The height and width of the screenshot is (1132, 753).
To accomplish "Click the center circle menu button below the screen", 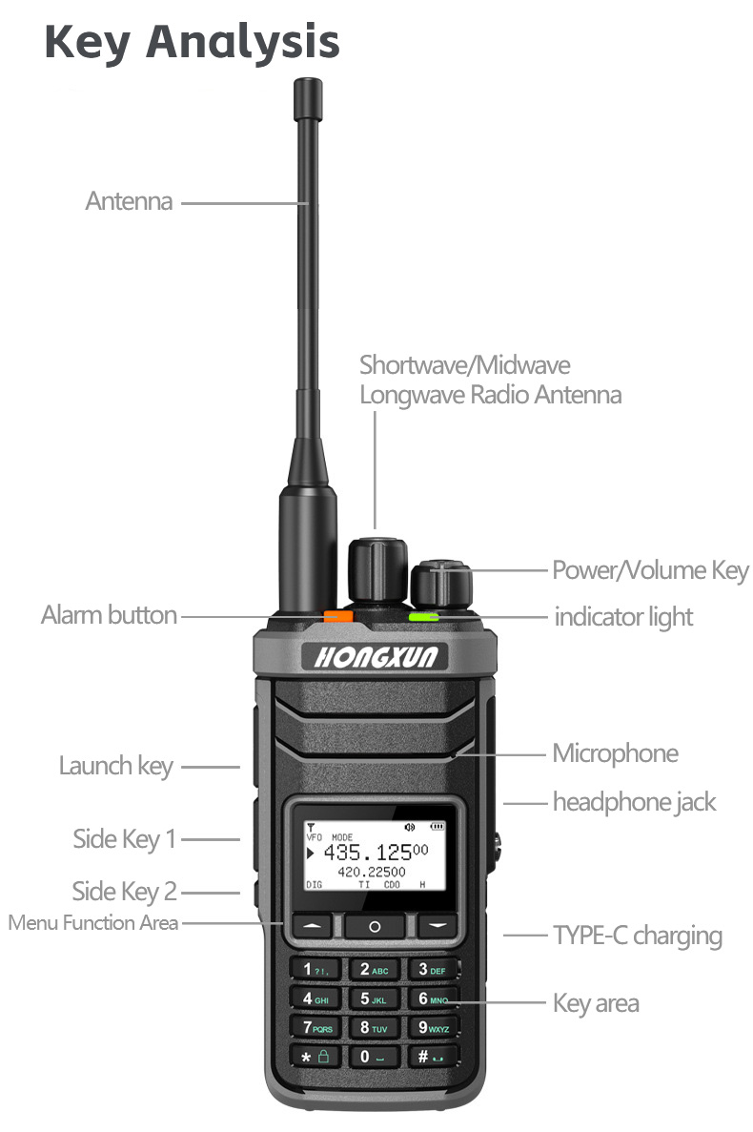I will (x=374, y=925).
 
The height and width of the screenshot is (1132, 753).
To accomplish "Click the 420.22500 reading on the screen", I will (x=372, y=872).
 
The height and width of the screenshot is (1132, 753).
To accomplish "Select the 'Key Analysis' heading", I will (x=192, y=43).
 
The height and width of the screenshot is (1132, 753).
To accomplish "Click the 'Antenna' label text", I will (x=129, y=201).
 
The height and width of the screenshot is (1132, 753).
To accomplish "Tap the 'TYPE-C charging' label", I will (x=637, y=935).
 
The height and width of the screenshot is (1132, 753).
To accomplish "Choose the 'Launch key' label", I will (x=115, y=765).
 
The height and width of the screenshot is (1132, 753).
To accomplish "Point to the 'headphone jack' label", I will (x=633, y=802).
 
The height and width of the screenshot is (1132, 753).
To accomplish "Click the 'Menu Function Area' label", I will (x=93, y=922).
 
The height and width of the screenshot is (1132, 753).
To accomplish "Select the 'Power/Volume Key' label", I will (x=650, y=570).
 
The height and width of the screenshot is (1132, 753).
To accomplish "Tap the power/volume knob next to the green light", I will (x=441, y=583).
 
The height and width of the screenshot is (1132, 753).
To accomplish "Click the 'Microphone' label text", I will (x=615, y=753).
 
